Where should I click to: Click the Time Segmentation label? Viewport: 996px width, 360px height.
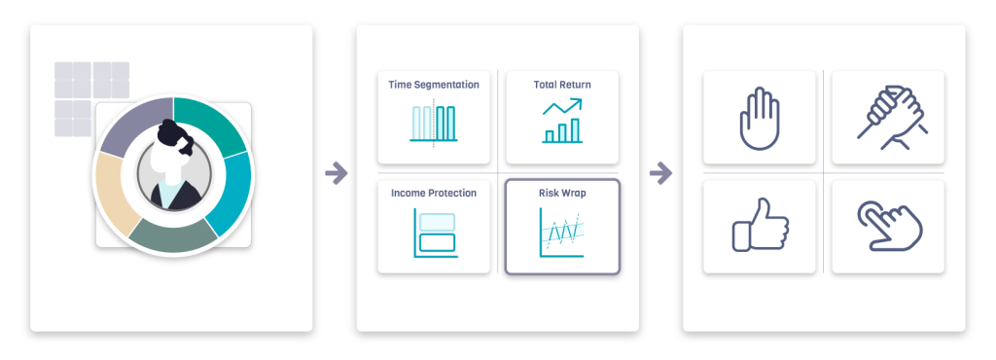click(434, 85)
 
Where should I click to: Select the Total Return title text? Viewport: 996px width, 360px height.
click(562, 85)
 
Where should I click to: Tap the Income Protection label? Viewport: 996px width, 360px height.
click(434, 193)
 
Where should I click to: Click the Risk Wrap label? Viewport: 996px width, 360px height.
click(562, 193)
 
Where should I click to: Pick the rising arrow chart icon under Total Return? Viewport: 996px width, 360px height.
click(562, 121)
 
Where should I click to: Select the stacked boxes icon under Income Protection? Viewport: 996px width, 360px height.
click(435, 233)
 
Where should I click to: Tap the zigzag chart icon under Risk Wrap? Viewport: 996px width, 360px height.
click(562, 233)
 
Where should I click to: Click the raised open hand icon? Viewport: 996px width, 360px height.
click(759, 119)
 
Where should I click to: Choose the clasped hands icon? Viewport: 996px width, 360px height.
click(889, 118)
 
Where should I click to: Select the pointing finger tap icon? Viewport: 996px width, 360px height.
click(889, 226)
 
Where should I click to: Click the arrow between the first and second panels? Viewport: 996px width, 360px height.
click(336, 172)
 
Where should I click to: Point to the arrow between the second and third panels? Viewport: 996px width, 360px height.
click(660, 172)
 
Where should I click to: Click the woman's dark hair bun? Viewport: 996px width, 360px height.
click(169, 134)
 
